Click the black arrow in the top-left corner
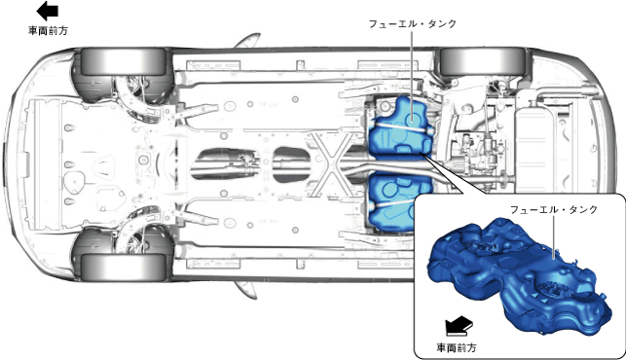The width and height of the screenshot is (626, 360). (48, 11)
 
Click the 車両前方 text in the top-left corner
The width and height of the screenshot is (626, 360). (49, 31)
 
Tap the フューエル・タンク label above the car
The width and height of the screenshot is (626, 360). (412, 24)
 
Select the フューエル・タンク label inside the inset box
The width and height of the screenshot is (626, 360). (553, 209)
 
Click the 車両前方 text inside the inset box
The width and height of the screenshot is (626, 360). (457, 348)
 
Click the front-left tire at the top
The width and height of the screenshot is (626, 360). (124, 61)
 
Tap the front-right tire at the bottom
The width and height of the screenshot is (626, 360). (124, 267)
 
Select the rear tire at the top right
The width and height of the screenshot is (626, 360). (483, 61)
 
